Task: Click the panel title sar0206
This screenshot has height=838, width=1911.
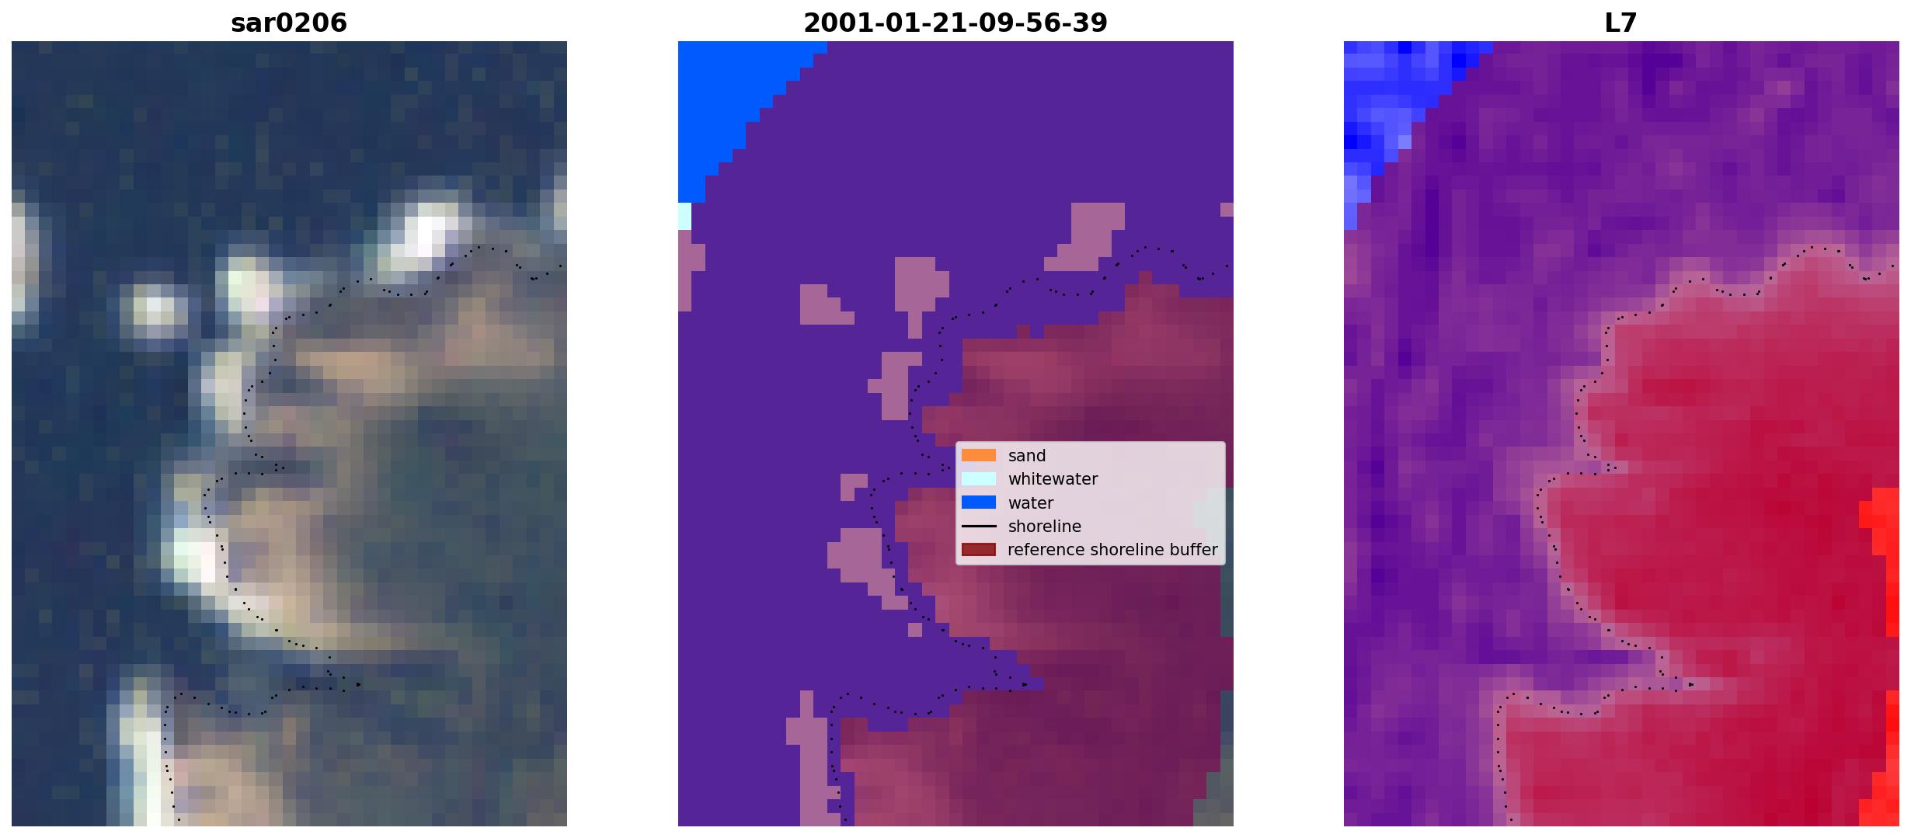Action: [x=288, y=23]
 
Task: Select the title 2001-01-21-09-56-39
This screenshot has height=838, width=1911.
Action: [x=955, y=23]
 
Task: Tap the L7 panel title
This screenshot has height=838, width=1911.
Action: [x=1620, y=23]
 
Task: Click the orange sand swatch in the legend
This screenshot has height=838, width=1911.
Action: [x=978, y=455]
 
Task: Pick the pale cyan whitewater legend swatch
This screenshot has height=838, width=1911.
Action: [x=978, y=478]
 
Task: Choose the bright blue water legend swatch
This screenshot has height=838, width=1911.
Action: [x=978, y=502]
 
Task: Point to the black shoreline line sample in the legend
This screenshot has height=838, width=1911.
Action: [x=978, y=527]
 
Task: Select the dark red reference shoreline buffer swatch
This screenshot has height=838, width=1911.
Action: [x=978, y=550]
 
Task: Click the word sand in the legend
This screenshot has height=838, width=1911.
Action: [x=1026, y=456]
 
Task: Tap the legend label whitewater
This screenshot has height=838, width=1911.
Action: [x=1053, y=479]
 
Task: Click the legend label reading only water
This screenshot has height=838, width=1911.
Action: [x=1030, y=503]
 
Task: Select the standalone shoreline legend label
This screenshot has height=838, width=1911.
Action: [x=1044, y=527]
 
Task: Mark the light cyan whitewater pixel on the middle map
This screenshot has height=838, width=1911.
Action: [x=684, y=216]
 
